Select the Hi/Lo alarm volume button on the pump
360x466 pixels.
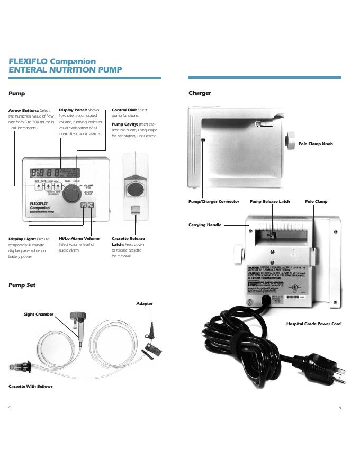pyautogui.click(x=91, y=204)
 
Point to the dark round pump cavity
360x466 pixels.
pyautogui.click(x=135, y=190)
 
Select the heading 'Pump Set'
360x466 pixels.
pyautogui.click(x=22, y=285)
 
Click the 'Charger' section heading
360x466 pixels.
pyautogui.click(x=200, y=93)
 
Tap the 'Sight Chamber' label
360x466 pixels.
pyautogui.click(x=39, y=315)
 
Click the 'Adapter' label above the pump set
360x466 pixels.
pyautogui.click(x=145, y=304)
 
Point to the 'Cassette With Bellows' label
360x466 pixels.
pyautogui.click(x=31, y=387)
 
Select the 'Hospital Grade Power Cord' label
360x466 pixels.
pyautogui.click(x=313, y=324)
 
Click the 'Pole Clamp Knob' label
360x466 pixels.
pyautogui.click(x=316, y=144)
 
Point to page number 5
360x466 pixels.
pyautogui.click(x=339, y=407)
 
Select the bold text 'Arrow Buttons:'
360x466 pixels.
pyautogui.click(x=23, y=110)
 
